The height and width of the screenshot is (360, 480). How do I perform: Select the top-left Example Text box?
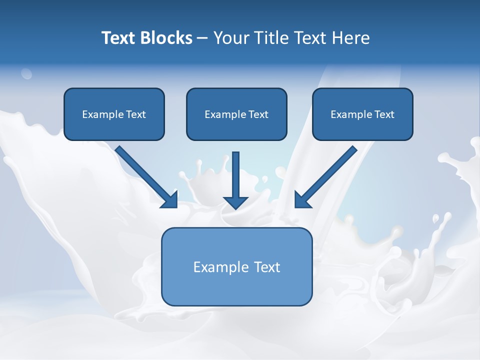(114, 114)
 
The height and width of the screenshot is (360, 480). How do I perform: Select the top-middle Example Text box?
(236, 114)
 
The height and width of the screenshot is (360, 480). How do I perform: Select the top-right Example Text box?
(362, 114)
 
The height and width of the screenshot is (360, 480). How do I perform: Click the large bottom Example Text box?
(236, 267)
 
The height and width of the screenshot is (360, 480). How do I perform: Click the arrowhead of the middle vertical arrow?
(235, 202)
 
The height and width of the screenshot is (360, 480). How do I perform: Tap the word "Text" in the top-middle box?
(258, 114)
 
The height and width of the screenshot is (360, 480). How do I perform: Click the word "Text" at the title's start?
(118, 38)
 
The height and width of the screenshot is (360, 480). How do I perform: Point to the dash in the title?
(202, 38)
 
